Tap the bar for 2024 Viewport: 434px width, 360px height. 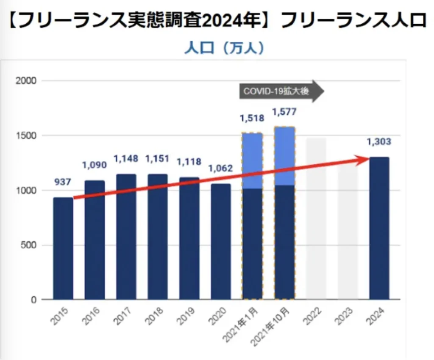coord(379,229)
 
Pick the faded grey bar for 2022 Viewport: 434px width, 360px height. coord(316,220)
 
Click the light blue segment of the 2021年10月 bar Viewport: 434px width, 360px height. coord(284,156)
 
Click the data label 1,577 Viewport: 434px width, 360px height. coord(284,112)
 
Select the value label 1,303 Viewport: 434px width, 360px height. coord(379,142)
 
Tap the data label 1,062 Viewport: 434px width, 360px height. coord(221,169)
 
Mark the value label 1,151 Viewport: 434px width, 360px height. coord(157,159)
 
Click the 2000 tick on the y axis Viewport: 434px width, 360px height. coord(26,80)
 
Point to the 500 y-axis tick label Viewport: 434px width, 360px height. coord(28,245)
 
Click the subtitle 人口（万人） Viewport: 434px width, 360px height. coord(224,48)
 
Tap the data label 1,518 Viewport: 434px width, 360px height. coord(252,118)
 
